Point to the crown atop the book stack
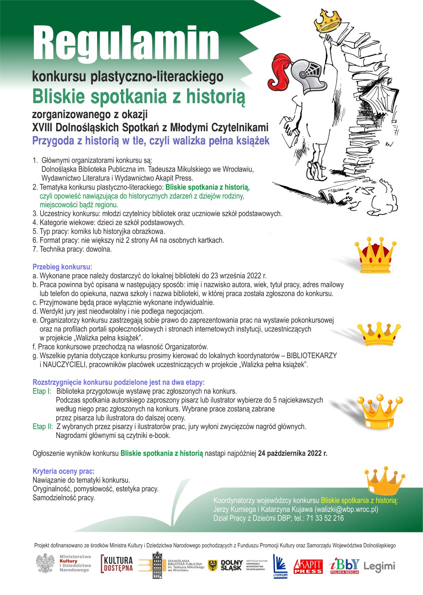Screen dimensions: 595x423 [x=328, y=20]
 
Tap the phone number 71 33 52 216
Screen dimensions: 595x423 [x=325, y=518]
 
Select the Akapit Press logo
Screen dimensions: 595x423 [x=308, y=566]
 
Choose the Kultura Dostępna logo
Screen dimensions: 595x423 [x=117, y=564]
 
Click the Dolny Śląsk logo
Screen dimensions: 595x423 [x=226, y=565]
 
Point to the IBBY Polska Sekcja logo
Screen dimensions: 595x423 [x=344, y=566]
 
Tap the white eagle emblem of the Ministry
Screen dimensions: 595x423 [x=45, y=563]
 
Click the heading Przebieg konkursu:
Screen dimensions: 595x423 [x=62, y=267]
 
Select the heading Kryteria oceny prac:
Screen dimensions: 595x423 [x=63, y=471]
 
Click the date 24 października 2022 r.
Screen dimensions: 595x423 [x=292, y=453]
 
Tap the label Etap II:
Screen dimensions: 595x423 [x=43, y=426]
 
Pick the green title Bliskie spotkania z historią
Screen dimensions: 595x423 [x=139, y=96]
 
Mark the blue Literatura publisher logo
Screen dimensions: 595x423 [x=280, y=566]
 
